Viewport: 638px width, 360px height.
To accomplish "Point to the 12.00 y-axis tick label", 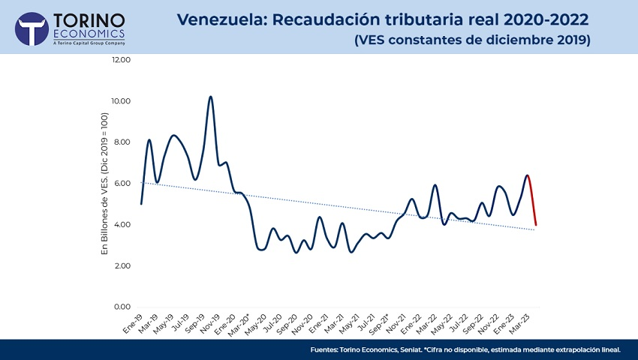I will (x=121, y=60).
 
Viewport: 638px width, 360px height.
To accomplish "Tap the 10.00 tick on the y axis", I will (x=121, y=101).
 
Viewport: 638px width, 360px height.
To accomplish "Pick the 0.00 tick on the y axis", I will (x=122, y=307).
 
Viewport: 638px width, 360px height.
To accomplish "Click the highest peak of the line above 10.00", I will (x=211, y=97).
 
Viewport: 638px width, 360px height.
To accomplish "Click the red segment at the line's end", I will (x=532, y=199).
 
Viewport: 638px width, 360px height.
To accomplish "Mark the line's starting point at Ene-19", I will (x=141, y=203).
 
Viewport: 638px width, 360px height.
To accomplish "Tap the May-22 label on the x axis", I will (x=439, y=323).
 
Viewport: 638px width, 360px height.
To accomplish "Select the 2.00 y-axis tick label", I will (x=122, y=266).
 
